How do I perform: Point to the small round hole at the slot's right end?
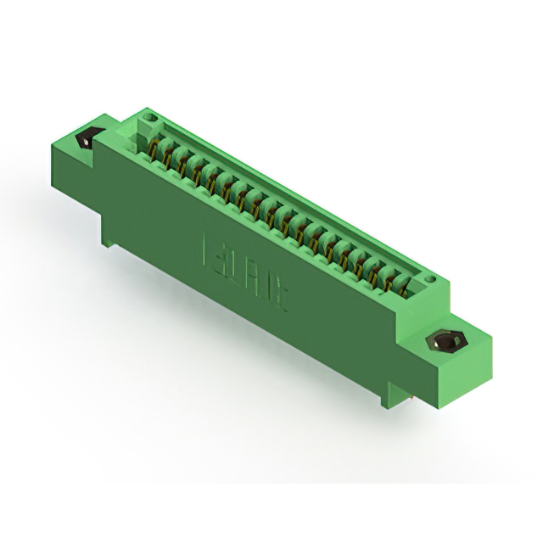point(430,279)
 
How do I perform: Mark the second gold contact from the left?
point(167,157)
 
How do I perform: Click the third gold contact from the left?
point(182,165)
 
